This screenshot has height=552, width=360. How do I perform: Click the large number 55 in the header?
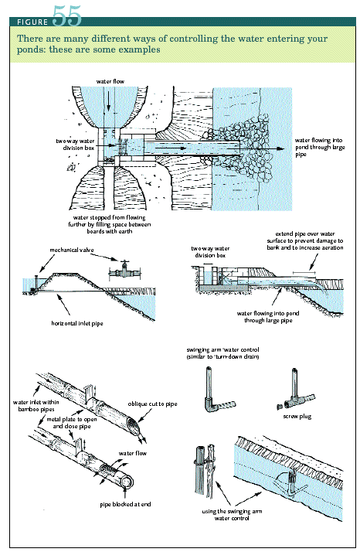[x=67, y=15]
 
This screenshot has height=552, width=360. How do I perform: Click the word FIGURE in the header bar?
[x=32, y=22]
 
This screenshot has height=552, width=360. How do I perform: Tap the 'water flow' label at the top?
[x=110, y=81]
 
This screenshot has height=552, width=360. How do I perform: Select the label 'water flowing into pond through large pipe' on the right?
[x=320, y=147]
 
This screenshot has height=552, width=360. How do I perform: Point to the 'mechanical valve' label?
[x=72, y=250]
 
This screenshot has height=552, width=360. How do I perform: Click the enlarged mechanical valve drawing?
[x=124, y=271]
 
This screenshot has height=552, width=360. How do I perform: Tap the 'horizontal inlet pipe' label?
[x=77, y=323]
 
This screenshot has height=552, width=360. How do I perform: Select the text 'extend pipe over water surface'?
[x=305, y=237]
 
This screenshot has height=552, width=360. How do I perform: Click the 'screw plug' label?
[x=297, y=417]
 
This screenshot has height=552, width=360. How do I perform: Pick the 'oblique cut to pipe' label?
[x=152, y=404]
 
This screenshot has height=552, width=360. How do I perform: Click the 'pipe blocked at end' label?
[x=125, y=505]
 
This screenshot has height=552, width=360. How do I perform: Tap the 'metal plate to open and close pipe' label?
[x=72, y=423]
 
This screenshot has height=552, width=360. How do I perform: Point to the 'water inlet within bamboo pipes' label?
[x=36, y=406]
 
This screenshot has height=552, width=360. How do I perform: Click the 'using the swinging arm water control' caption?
[x=232, y=515]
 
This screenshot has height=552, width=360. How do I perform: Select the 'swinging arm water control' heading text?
[x=222, y=353]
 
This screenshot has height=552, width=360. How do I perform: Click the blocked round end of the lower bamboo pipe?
[x=127, y=481]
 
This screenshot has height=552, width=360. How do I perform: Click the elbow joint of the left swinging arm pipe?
[x=209, y=404]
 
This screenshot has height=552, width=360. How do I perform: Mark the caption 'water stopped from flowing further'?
[x=110, y=224]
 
